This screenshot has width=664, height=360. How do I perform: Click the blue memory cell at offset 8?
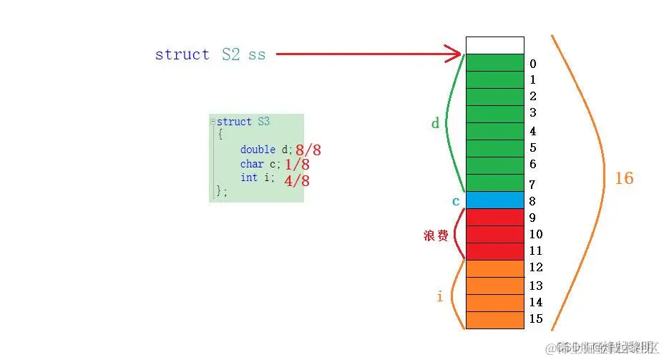coord(494,200)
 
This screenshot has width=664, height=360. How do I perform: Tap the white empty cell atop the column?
coord(494,45)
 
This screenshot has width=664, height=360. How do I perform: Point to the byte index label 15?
coord(536,319)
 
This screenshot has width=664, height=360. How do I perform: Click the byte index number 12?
coord(536,268)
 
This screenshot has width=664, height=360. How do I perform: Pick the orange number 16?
coord(624,178)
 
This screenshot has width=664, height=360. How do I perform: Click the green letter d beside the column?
coord(435,124)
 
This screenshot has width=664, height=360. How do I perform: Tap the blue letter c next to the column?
coord(456,201)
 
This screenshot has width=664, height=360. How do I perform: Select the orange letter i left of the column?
coord(439,296)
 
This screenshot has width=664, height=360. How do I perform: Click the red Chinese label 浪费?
coord(435,235)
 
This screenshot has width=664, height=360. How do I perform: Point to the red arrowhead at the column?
coord(454,54)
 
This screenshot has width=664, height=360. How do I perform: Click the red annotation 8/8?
coord(308,150)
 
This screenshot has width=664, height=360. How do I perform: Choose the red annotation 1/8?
coord(297,165)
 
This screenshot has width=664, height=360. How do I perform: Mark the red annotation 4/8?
coord(296,180)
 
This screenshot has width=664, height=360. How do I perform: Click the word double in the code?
coord(258,149)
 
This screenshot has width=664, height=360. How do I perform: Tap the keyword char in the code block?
coord(252,164)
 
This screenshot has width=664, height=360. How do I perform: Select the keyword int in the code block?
coord(249,177)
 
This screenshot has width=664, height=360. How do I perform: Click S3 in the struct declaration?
coord(263,122)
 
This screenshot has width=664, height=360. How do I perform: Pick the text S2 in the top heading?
coord(230,54)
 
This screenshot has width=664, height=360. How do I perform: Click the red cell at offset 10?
coord(494,235)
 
